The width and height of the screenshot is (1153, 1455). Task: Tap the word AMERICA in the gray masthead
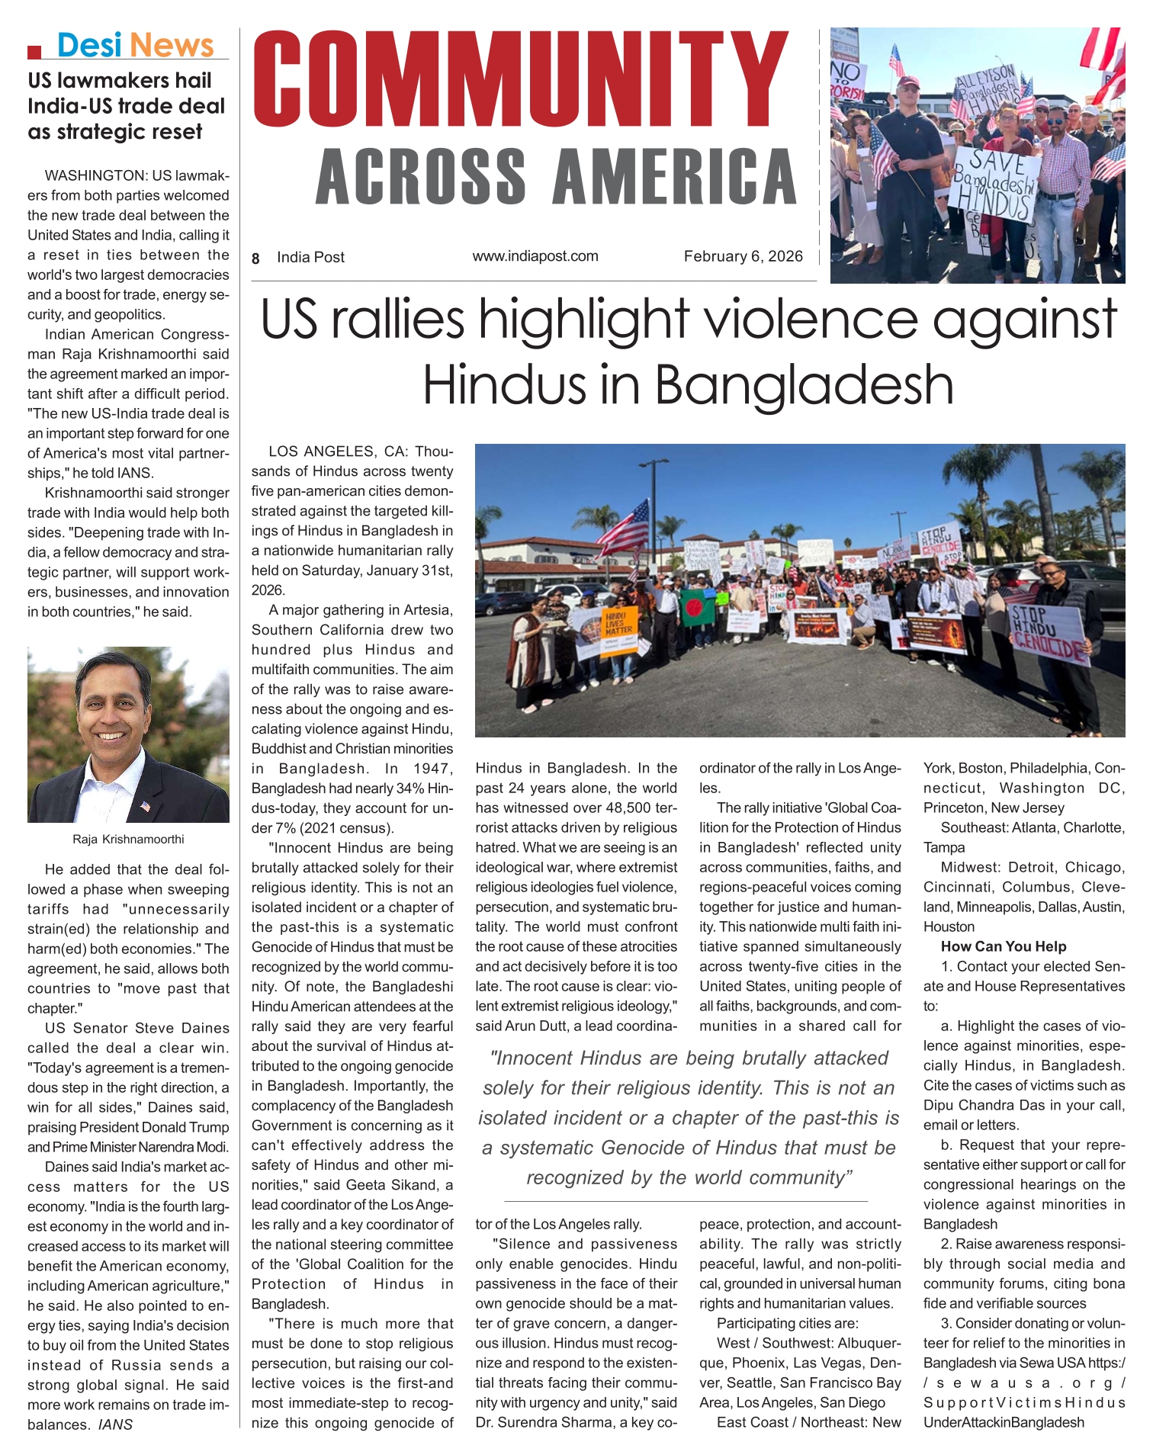(676, 176)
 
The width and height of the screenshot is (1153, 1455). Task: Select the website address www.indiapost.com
(535, 256)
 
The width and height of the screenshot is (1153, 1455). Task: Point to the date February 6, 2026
(743, 256)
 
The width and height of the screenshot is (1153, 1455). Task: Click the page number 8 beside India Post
(256, 259)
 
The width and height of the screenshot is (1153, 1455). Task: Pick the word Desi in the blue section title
(89, 46)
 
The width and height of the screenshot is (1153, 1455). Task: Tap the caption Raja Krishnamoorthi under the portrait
(128, 840)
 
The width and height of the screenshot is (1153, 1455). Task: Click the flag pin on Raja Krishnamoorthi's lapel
(145, 806)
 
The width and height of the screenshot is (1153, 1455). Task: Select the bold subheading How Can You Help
(1003, 946)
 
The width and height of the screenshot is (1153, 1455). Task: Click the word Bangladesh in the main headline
(804, 384)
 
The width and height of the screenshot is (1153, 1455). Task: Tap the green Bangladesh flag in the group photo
(697, 606)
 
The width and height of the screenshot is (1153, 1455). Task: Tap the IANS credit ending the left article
(115, 1424)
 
